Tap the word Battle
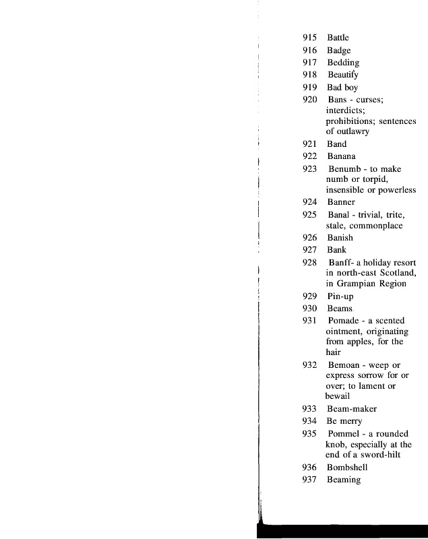pyautogui.click(x=338, y=38)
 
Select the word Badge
pyautogui.click(x=338, y=51)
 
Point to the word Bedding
pyautogui.click(x=343, y=63)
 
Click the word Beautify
pyautogui.click(x=343, y=75)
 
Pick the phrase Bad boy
pyautogui.click(x=342, y=88)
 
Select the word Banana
pyautogui.click(x=342, y=156)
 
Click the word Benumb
pyautogui.click(x=343, y=169)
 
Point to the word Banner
pyautogui.click(x=341, y=202)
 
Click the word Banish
pyautogui.click(x=340, y=238)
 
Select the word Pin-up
pyautogui.click(x=340, y=296)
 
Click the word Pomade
pyautogui.click(x=343, y=321)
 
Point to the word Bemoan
pyautogui.click(x=344, y=365)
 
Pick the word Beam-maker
pyautogui.click(x=352, y=409)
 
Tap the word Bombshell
pyautogui.click(x=348, y=467)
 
